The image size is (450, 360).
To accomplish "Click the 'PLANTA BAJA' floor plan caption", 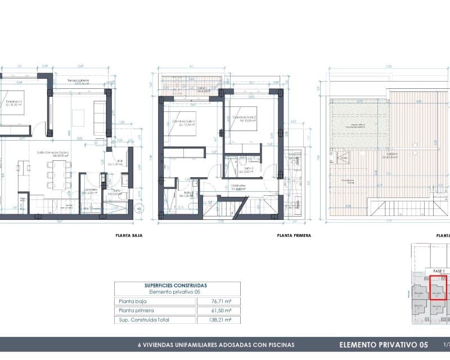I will point(128,236).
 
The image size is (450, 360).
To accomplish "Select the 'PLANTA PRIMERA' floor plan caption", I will point(294,236).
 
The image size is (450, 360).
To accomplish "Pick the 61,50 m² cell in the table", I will point(218,310).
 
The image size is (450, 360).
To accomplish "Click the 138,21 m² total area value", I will point(218,319).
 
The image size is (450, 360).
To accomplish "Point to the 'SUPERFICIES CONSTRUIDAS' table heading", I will point(175,285).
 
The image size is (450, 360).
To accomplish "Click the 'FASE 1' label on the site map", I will point(438,271).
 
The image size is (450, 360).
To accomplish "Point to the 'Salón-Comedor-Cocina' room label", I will point(48,152).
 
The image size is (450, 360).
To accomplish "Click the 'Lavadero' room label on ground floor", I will point(91,190).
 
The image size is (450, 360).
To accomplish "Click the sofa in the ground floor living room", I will point(100,118).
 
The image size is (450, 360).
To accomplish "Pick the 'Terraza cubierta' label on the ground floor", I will point(79,81).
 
